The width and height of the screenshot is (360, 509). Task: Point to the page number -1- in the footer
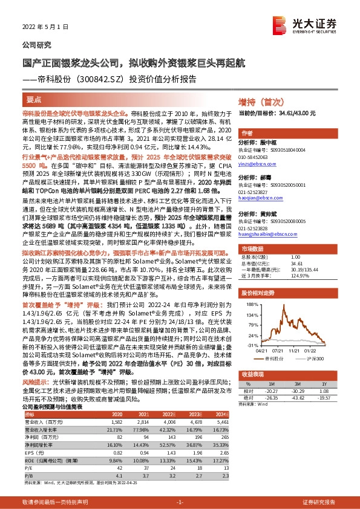click(x=180, y=502)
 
